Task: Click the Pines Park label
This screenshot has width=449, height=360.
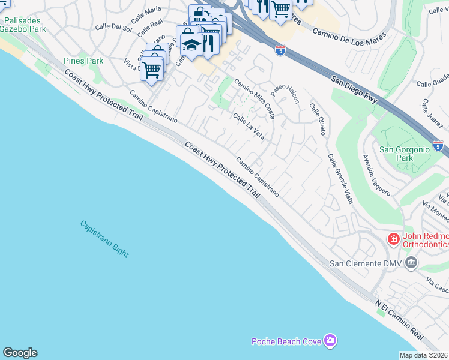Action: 83,61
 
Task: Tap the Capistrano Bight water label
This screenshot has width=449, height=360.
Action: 104,239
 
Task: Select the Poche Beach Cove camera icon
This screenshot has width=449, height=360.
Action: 330,341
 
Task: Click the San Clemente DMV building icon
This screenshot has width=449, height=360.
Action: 411,263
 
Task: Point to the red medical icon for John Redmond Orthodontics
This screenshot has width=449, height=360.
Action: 394,239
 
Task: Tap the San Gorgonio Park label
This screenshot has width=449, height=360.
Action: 405,154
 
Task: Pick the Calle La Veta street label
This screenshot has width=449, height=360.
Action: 249,127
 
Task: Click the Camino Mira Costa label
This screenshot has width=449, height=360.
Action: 254,99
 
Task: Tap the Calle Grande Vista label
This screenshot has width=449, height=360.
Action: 339,178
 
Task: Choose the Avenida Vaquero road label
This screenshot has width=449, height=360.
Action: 376,175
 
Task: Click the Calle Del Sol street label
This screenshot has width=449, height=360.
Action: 113,26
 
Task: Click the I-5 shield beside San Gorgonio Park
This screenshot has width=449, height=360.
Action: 438,146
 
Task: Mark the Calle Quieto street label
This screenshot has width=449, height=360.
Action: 318,119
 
